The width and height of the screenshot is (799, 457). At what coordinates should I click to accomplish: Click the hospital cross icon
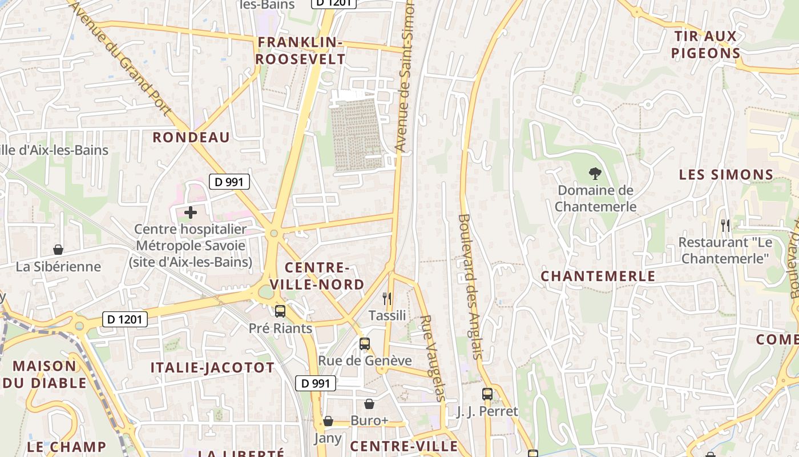pyautogui.click(x=191, y=213)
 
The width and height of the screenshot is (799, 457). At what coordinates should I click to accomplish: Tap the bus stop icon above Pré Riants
pyautogui.click(x=280, y=311)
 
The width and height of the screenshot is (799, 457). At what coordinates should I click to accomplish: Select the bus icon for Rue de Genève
pyautogui.click(x=365, y=344)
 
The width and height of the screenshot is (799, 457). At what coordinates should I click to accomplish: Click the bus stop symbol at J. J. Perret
pyautogui.click(x=487, y=394)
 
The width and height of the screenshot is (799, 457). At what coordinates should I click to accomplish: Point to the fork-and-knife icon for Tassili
pyautogui.click(x=387, y=298)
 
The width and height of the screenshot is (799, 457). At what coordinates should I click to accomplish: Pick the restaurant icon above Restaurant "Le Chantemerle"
pyautogui.click(x=725, y=225)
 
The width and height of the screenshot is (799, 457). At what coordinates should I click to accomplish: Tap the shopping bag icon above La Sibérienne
pyautogui.click(x=58, y=250)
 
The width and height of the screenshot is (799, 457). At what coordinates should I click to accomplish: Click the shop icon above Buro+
pyautogui.click(x=369, y=404)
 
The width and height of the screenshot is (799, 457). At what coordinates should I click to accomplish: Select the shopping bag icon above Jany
pyautogui.click(x=328, y=422)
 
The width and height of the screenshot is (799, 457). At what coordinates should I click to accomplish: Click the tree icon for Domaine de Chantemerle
pyautogui.click(x=595, y=173)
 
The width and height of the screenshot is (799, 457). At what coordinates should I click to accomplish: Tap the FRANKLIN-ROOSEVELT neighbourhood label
pyautogui.click(x=300, y=51)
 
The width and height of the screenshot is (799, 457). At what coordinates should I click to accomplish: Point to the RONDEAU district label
pyautogui.click(x=191, y=137)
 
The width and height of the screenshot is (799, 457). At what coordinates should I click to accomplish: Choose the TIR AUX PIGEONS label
pyautogui.click(x=706, y=45)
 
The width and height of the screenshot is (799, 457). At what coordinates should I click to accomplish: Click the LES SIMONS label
pyautogui.click(x=726, y=175)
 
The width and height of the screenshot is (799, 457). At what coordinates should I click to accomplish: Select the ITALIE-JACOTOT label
pyautogui.click(x=212, y=367)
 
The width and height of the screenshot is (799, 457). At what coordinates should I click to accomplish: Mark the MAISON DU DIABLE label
pyautogui.click(x=45, y=374)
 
